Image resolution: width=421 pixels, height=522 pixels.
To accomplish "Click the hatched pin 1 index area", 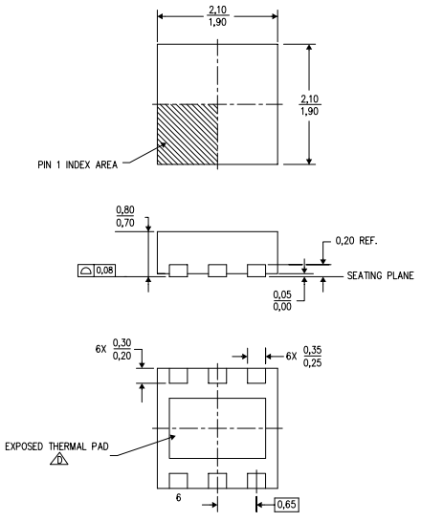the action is [x=188, y=134].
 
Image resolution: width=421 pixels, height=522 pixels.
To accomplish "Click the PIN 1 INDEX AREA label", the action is [x=78, y=164].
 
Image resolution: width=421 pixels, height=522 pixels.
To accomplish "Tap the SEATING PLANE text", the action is [x=381, y=275].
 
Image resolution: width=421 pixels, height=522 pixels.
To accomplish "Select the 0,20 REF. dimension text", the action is [x=356, y=241].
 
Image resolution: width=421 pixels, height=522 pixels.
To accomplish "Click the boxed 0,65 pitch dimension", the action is [x=286, y=505].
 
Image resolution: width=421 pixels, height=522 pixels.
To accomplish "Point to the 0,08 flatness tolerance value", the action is [x=104, y=271].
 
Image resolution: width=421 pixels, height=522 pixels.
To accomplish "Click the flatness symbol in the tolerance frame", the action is [x=86, y=271].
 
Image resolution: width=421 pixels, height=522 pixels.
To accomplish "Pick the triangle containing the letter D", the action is [x=59, y=459].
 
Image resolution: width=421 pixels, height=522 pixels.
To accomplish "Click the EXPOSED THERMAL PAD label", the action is [x=57, y=446].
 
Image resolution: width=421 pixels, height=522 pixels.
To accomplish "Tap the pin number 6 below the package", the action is [x=179, y=497].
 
